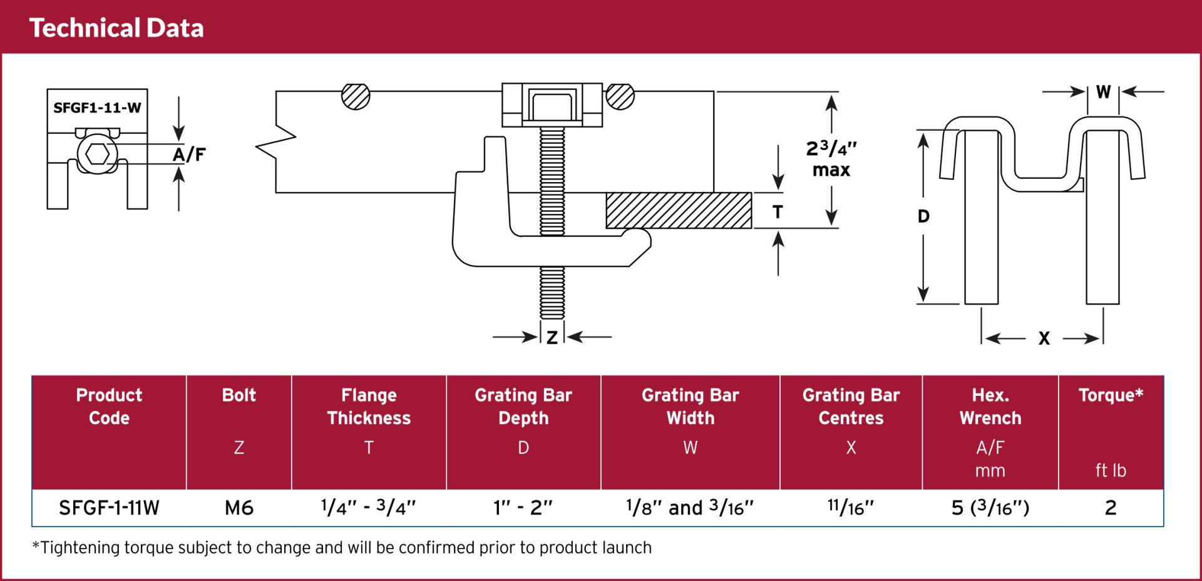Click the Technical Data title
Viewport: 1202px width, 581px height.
116,28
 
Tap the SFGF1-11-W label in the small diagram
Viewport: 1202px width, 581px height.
97,108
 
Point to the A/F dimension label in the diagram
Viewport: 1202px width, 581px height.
189,154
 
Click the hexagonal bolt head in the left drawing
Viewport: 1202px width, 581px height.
97,153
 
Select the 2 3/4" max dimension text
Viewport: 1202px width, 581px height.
831,159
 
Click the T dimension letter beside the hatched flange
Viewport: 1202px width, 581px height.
778,212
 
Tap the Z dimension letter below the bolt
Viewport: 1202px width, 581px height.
552,338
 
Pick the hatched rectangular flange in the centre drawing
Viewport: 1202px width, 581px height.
679,211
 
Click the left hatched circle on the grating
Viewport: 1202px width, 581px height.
356,96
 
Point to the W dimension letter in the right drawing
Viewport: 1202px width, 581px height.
1103,92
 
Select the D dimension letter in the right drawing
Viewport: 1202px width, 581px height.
923,216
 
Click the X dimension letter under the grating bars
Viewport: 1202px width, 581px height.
1044,338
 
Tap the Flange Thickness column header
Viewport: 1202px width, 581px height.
369,407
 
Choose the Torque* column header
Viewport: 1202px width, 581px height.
1111,395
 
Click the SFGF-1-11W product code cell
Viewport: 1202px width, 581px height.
109,508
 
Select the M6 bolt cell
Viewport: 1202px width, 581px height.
239,508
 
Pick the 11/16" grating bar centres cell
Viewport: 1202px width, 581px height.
850,507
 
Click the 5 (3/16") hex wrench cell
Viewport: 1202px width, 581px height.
990,508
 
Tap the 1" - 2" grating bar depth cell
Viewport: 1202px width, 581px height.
523,508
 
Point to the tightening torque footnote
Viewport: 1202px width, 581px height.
342,548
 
